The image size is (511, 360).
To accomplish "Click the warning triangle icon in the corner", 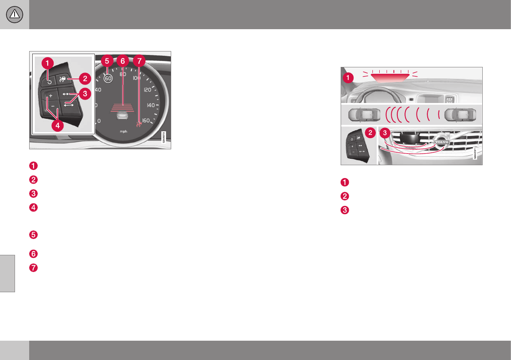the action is (14, 15).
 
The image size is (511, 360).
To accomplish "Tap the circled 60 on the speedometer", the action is (108, 79).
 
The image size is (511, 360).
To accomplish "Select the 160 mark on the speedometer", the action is (146, 121).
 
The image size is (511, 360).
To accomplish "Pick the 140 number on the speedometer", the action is (151, 105).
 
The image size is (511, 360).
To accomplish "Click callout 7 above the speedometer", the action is (139, 61).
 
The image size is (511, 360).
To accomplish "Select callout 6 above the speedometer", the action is (123, 61).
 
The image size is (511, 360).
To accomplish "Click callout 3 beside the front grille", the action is (385, 133).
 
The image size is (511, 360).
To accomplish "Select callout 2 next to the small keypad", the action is (369, 133).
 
